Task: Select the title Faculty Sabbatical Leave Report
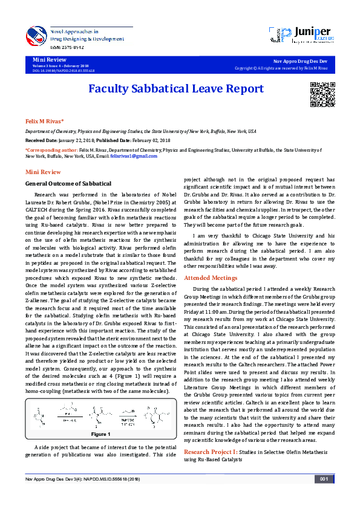pyautogui.click(x=176, y=89)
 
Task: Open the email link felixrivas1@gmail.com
pyautogui.click(x=137, y=156)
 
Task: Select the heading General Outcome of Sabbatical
pyautogui.click(x=68, y=183)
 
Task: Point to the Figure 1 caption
pyautogui.click(x=100, y=434)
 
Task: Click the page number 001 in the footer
pyautogui.click(x=324, y=496)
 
